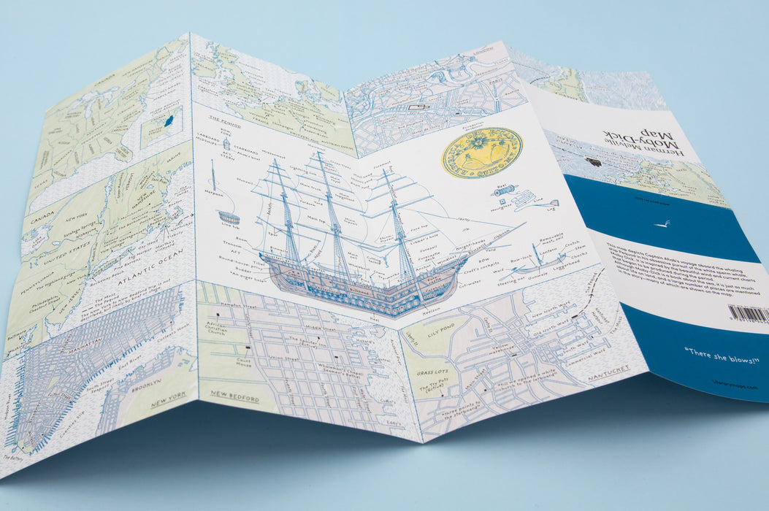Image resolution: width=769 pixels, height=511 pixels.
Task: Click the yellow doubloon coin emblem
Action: [481, 153]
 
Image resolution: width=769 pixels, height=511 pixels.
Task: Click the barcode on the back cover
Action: [749, 315]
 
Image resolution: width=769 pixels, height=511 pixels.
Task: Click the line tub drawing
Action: [229, 218]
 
